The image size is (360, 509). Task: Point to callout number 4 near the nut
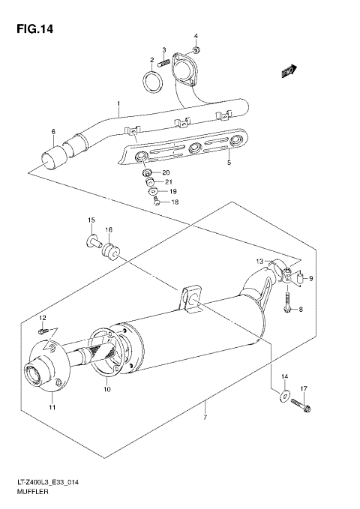(x=196, y=36)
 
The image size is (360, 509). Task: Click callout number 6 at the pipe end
(x=53, y=132)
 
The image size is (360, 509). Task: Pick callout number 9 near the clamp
(x=310, y=279)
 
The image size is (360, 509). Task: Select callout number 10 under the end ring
(x=106, y=389)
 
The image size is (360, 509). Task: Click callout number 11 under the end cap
(x=52, y=406)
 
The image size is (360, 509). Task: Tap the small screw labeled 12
(x=44, y=330)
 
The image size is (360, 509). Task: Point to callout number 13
(x=260, y=262)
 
